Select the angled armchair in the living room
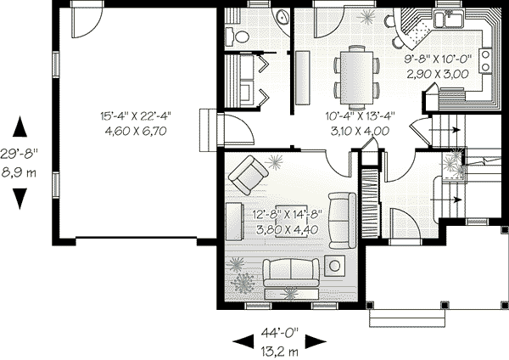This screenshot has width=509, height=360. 249,174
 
